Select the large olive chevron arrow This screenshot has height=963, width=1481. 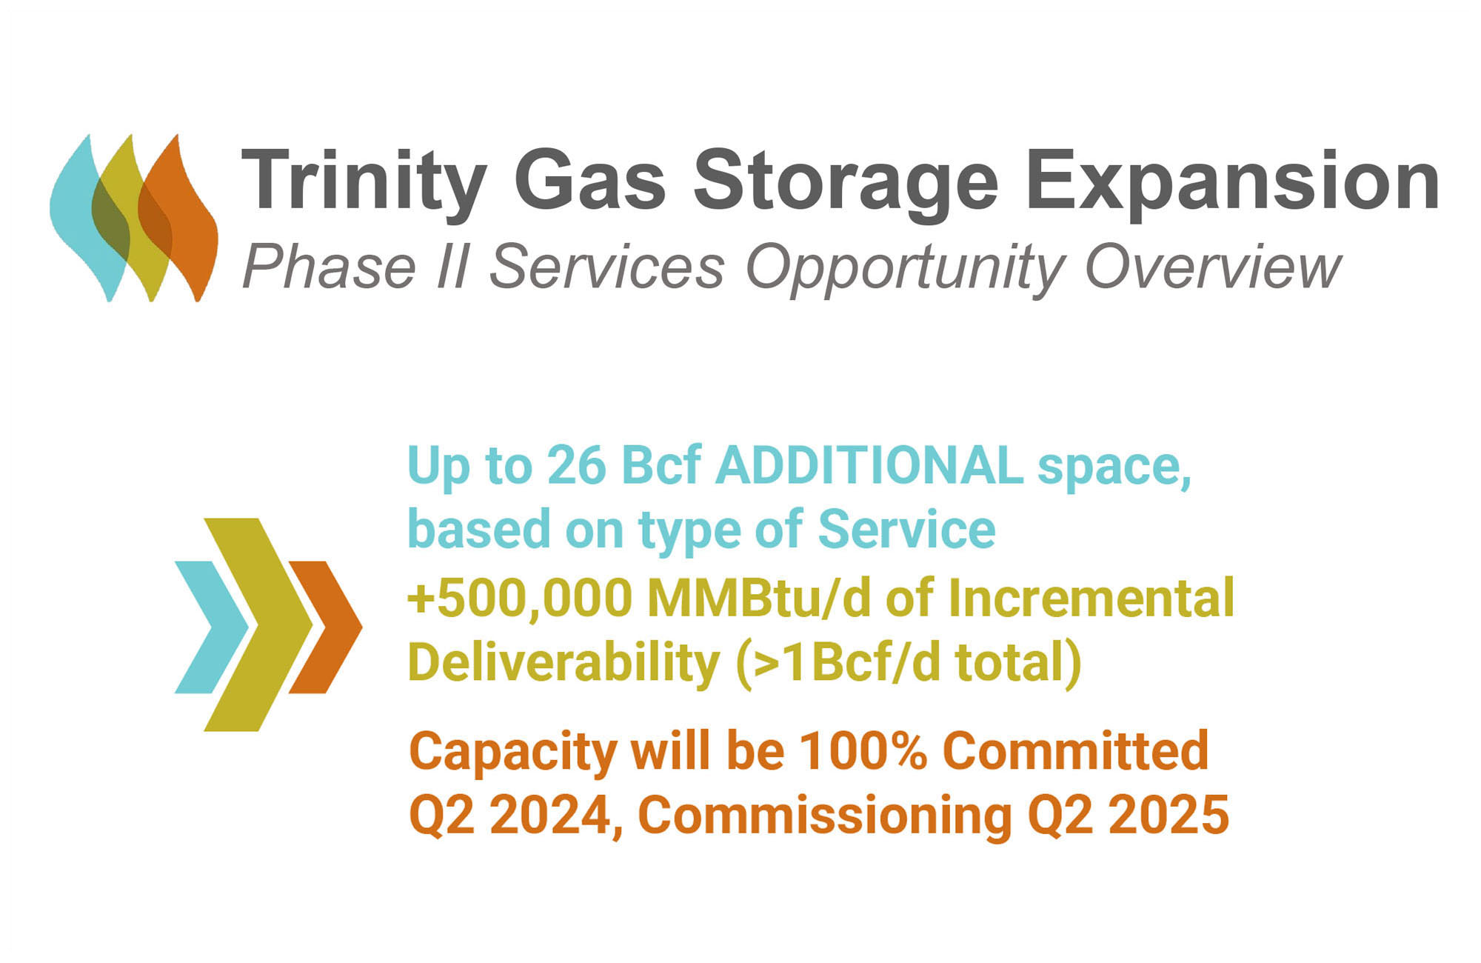point(259,624)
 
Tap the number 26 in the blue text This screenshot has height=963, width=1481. point(576,466)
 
